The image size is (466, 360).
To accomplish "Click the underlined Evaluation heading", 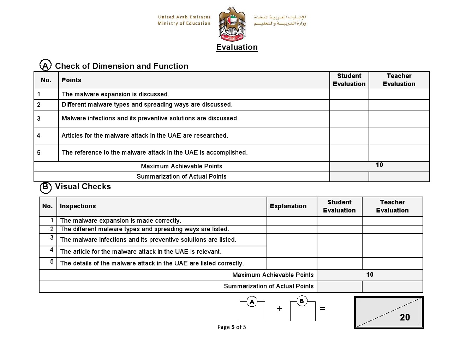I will [x=237, y=47].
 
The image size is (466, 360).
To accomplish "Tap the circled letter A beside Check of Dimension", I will [x=45, y=65].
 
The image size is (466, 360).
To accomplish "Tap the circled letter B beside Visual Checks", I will [x=45, y=187].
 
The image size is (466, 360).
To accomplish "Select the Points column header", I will [x=71, y=80].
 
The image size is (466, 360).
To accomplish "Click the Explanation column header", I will [x=288, y=206].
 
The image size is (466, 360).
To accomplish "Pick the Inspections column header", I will [x=78, y=206].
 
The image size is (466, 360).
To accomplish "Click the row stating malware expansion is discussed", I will [x=115, y=94].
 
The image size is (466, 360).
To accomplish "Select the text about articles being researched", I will [x=145, y=136].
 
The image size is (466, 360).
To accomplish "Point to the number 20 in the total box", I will [x=405, y=317].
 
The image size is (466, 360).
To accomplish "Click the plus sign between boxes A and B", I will [x=279, y=309].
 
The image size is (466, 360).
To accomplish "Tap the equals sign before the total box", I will [x=322, y=308].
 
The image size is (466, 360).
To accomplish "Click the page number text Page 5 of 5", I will [x=232, y=327].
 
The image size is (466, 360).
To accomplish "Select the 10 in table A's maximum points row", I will [x=380, y=165].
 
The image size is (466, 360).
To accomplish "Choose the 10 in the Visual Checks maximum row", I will [x=370, y=275].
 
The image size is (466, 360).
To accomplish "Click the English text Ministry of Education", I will [x=184, y=24].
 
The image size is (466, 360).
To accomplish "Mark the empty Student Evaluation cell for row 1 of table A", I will [x=349, y=94].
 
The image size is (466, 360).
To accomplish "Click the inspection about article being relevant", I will [x=141, y=252].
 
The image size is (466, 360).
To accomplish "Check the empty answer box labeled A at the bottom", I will [x=252, y=312].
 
